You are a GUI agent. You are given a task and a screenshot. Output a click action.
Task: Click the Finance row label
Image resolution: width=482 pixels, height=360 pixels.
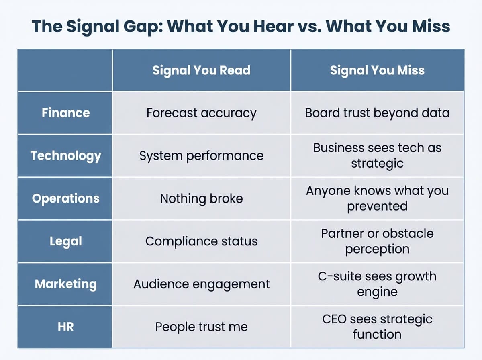click(x=65, y=112)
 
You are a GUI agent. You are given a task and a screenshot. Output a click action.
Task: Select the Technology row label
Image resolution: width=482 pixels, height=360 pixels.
click(x=65, y=155)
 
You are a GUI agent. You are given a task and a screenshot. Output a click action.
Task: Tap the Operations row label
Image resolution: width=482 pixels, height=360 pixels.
click(x=65, y=198)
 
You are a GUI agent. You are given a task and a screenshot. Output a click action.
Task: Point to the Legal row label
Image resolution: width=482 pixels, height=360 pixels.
click(x=65, y=241)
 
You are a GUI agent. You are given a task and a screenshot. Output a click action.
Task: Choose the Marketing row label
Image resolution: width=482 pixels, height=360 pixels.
click(x=65, y=284)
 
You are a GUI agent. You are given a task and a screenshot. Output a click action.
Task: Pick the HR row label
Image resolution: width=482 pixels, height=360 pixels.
click(x=65, y=327)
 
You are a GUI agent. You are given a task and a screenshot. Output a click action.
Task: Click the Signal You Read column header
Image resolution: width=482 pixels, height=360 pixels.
click(x=201, y=70)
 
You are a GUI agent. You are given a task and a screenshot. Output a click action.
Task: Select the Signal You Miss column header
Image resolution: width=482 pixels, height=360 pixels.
click(x=377, y=70)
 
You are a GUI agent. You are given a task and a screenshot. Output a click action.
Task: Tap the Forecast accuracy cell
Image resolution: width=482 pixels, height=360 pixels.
click(x=201, y=113)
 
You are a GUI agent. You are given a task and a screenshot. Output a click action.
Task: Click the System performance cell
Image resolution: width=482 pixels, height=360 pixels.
click(x=201, y=155)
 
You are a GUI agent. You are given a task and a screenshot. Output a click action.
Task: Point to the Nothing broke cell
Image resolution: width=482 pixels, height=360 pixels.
click(x=201, y=198)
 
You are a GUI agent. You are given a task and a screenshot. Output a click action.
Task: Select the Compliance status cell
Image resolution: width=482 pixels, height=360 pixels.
click(x=201, y=241)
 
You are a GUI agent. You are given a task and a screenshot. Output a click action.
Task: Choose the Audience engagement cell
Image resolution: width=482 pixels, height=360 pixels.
click(x=201, y=284)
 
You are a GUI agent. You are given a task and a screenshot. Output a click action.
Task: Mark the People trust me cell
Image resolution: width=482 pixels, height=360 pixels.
click(x=201, y=327)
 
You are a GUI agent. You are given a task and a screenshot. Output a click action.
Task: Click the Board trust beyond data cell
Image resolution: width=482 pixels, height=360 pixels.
click(x=377, y=113)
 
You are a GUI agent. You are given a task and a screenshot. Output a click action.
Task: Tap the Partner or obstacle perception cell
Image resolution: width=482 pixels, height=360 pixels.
click(x=377, y=241)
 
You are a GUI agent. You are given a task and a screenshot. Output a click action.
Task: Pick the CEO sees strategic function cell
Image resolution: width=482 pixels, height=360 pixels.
click(x=377, y=327)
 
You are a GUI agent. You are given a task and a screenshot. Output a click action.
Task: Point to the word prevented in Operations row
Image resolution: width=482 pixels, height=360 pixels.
click(x=377, y=206)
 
